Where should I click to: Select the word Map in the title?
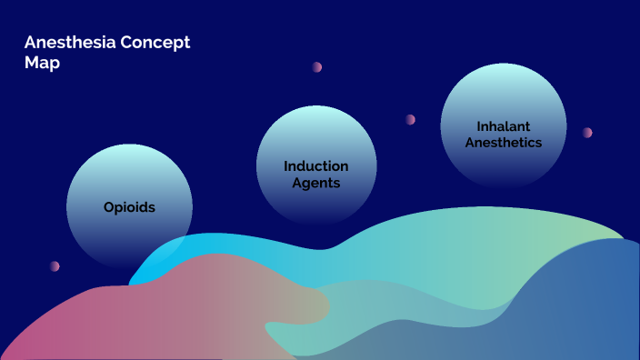tap(42, 64)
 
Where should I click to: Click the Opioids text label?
tap(129, 207)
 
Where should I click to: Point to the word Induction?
tap(316, 166)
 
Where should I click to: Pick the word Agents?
tap(316, 183)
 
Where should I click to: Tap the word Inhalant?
tap(504, 125)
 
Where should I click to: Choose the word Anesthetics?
tap(504, 142)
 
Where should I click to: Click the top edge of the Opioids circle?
tap(129, 145)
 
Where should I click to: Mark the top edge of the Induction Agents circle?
tap(316, 105)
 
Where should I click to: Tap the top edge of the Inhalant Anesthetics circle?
tap(504, 64)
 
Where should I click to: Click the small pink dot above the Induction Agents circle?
tap(317, 66)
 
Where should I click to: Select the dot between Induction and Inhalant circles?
tap(410, 119)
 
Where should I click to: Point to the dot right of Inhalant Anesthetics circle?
tap(587, 133)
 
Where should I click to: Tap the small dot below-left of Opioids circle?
tap(55, 266)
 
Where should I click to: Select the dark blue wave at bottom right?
tap(582, 309)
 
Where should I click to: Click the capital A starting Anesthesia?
tap(30, 44)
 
